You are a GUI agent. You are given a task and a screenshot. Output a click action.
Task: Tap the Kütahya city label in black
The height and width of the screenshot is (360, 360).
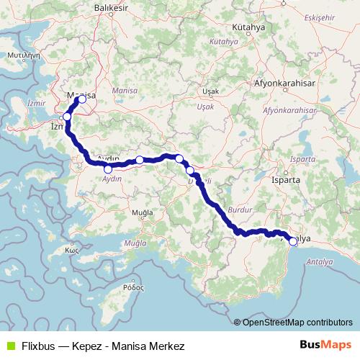(x=249, y=27)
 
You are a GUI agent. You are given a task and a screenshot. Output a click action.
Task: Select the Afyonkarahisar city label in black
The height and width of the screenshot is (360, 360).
(x=285, y=83)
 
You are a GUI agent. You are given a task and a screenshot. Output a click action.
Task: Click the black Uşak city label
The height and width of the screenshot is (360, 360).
(x=210, y=91)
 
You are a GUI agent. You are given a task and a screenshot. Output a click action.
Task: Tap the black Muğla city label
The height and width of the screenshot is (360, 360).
(x=143, y=213)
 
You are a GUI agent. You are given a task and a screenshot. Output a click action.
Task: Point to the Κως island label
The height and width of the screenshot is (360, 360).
(x=71, y=250)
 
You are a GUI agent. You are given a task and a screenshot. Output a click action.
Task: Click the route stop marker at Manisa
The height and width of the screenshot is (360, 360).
(x=81, y=99)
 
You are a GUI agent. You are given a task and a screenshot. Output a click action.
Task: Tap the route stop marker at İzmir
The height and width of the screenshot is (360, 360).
(x=67, y=117)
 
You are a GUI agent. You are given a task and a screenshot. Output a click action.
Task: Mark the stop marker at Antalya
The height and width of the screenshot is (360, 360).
(x=293, y=242)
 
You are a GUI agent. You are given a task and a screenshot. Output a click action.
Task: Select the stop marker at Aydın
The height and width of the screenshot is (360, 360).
(x=108, y=169)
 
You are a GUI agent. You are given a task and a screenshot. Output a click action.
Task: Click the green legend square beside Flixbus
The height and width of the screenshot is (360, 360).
(x=10, y=346)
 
